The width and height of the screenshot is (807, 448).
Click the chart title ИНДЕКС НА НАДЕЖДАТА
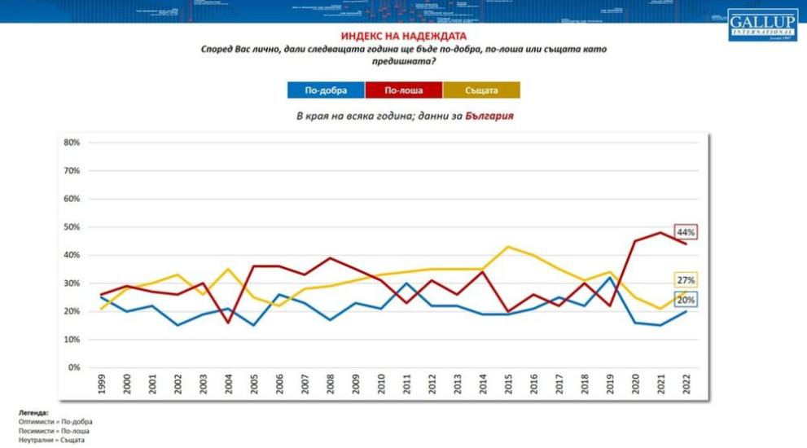[403, 37]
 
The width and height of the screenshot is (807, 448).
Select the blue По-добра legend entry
[326, 90]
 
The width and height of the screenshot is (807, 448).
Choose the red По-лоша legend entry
[403, 90]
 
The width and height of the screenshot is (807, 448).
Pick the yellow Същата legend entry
[481, 90]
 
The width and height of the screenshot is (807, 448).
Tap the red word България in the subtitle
[489, 116]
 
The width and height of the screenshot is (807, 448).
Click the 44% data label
[685, 231]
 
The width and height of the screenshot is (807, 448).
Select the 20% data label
[685, 300]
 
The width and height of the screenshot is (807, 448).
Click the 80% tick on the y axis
[71, 143]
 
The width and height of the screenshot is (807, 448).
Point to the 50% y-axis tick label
[71, 227]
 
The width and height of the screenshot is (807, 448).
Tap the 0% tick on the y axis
[73, 367]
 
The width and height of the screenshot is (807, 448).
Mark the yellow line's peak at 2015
[507, 247]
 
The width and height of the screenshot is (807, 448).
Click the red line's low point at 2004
[229, 323]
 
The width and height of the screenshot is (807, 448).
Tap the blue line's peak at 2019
[608, 278]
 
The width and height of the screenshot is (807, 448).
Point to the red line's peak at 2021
[660, 233]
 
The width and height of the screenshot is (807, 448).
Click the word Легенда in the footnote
[33, 414]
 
